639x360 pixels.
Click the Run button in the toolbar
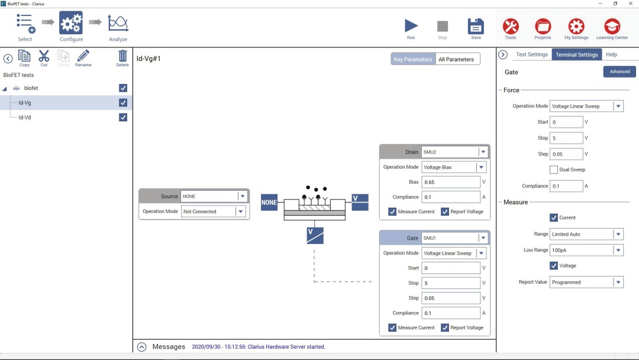click(x=411, y=26)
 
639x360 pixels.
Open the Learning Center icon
click(x=612, y=26)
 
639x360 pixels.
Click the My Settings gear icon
click(x=576, y=26)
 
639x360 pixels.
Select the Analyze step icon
click(x=118, y=23)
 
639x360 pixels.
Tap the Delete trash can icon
click(x=122, y=56)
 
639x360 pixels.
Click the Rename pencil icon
click(x=83, y=56)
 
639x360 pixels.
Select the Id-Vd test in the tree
click(x=24, y=117)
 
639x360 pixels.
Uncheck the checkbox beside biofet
click(x=122, y=88)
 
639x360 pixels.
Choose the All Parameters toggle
click(x=456, y=59)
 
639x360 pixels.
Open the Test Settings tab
click(x=531, y=54)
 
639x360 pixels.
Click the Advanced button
click(x=619, y=72)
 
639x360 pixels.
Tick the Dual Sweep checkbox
click(x=553, y=169)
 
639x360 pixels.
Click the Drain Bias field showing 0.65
click(x=451, y=182)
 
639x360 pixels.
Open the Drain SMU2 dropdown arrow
click(x=483, y=152)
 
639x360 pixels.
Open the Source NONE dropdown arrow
click(x=243, y=197)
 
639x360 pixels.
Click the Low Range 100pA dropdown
click(x=586, y=250)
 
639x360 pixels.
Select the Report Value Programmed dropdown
click(x=586, y=282)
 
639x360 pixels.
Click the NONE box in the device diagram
click(x=269, y=202)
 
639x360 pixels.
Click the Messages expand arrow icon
click(x=141, y=347)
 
